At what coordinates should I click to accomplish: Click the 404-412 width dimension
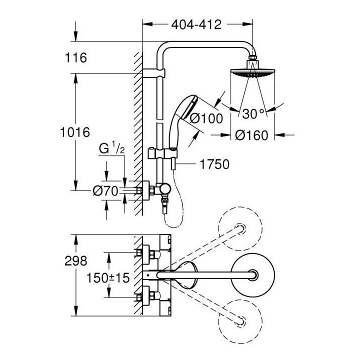196,25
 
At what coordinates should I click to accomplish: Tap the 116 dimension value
76,58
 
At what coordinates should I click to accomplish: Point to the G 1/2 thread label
112,148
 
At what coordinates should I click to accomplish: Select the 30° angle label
253,113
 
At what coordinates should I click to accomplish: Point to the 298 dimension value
76,260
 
